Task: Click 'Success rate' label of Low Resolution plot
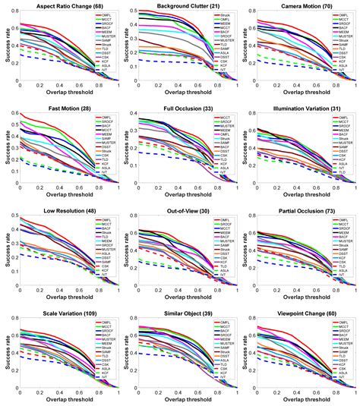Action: coord(6,250)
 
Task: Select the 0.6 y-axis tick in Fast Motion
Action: coord(14,114)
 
